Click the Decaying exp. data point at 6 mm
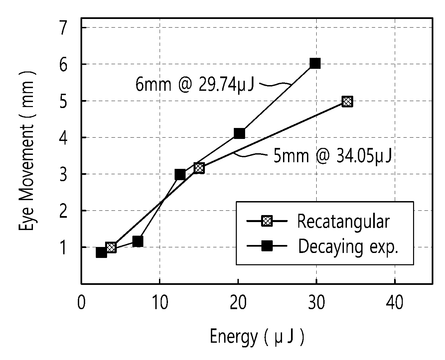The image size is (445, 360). click(x=315, y=63)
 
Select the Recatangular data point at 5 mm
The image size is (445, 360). click(x=347, y=102)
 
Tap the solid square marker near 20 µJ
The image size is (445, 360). click(x=239, y=133)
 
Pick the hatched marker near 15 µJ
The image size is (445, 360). click(x=199, y=168)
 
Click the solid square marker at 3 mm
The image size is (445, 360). click(x=180, y=175)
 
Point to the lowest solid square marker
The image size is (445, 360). click(x=101, y=253)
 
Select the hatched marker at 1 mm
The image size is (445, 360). click(x=111, y=248)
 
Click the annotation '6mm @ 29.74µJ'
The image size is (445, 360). click(x=195, y=84)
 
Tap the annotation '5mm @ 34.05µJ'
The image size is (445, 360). click(x=332, y=156)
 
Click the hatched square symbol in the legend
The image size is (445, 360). click(x=267, y=221)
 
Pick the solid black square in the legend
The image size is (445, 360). click(x=267, y=246)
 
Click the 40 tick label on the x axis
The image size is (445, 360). click(x=394, y=302)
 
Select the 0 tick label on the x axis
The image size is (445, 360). click(x=81, y=302)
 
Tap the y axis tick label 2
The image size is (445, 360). click(x=63, y=211)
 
